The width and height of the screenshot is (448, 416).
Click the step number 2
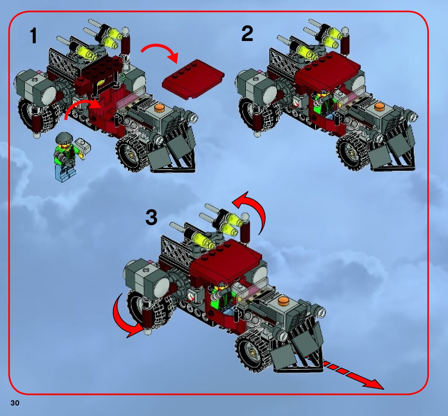247,34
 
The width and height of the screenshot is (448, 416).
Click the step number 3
152,217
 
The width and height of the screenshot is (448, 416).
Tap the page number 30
15,403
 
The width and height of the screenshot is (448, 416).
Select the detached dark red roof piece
193,79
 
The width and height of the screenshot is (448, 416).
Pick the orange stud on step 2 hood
380,107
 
